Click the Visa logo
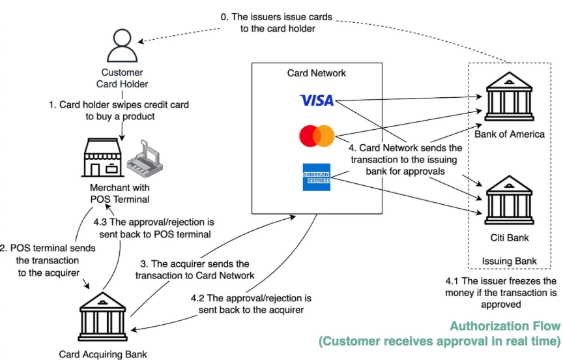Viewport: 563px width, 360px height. point(317,100)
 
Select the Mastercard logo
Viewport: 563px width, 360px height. point(317,136)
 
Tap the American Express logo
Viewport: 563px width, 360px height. point(317,177)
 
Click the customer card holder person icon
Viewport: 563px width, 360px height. point(122,46)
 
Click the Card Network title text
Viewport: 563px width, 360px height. point(317,73)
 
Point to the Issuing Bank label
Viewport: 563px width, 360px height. point(509,262)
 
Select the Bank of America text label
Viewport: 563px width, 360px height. point(509,134)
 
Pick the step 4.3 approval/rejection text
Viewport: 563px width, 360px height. point(156,227)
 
